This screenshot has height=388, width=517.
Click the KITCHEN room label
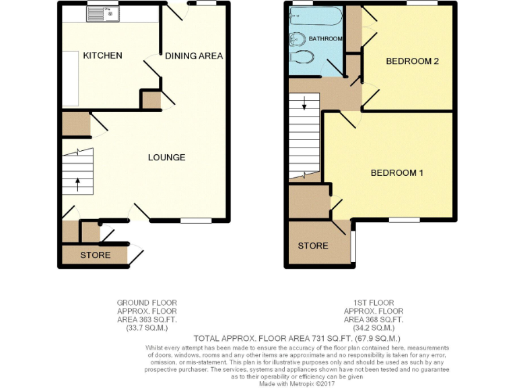pyautogui.click(x=102, y=55)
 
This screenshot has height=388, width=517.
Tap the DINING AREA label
pyautogui.click(x=194, y=56)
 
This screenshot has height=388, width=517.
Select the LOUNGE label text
pyautogui.click(x=167, y=158)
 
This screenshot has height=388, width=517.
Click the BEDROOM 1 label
pyautogui.click(x=397, y=173)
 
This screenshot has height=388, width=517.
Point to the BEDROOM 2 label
pyautogui.click(x=412, y=61)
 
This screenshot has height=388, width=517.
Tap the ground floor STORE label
pyautogui.click(x=95, y=255)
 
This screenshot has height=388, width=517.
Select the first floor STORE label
pyautogui.click(x=313, y=246)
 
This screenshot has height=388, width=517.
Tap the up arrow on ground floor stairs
pyautogui.click(x=77, y=184)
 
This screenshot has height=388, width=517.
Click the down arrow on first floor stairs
pyautogui.click(x=304, y=104)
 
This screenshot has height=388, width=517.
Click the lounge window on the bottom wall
pyautogui.click(x=196, y=220)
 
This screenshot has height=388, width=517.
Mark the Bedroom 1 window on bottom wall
pyautogui.click(x=404, y=220)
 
